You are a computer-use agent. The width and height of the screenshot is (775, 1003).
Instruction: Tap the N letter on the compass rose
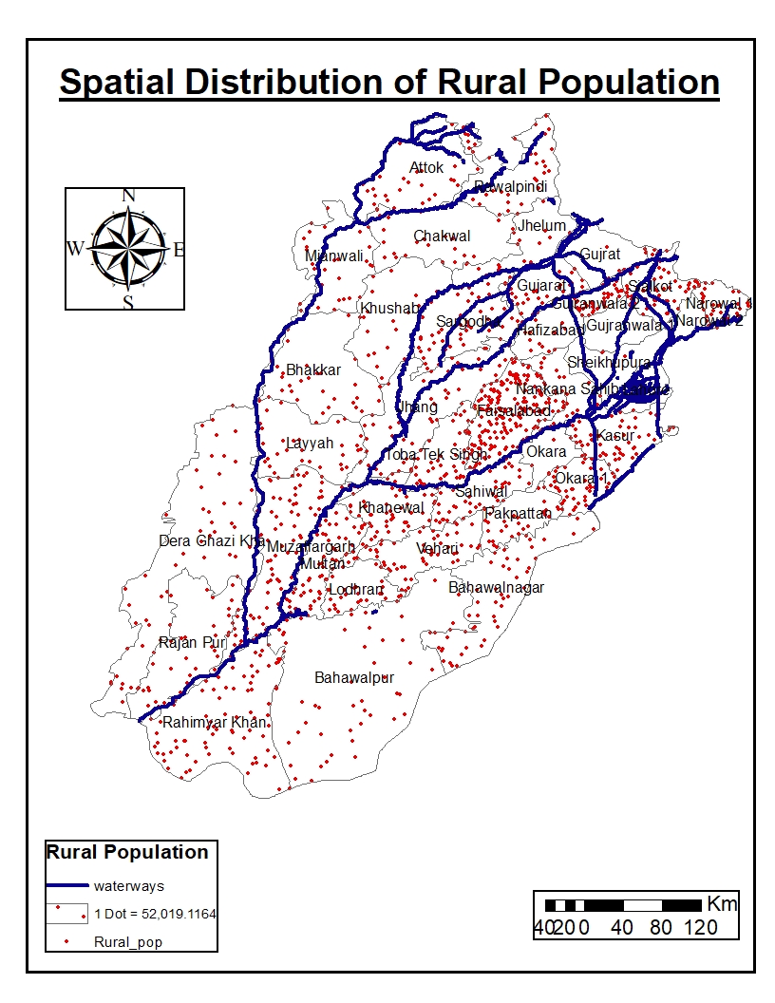128,197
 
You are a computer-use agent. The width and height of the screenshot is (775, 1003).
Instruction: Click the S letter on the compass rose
127,303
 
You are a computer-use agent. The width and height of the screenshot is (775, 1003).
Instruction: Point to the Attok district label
426,168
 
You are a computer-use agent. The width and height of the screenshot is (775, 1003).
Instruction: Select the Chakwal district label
442,237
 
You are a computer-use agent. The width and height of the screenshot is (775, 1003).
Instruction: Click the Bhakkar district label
313,370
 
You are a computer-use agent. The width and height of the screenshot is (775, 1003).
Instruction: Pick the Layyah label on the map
310,444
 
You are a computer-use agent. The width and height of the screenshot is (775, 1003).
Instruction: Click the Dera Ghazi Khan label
212,541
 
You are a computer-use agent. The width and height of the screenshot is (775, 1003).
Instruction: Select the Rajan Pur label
193,643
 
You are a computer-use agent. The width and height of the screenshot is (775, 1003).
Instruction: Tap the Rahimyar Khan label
215,723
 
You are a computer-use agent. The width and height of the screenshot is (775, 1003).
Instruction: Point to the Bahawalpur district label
354,678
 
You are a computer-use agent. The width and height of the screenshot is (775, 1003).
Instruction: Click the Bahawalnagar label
496,588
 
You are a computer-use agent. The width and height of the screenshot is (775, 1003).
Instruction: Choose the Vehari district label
437,549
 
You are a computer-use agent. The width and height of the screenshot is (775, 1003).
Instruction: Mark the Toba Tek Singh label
436,455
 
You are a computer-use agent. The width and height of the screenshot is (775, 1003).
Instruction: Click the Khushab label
389,309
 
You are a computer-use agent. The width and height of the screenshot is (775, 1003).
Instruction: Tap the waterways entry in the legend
128,886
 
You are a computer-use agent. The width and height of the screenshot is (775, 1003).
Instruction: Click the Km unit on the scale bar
721,904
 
